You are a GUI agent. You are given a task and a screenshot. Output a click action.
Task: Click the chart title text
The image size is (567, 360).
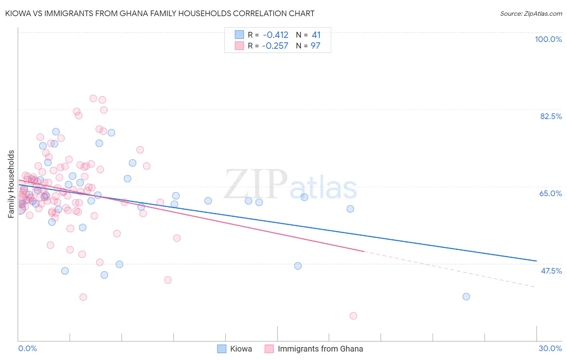(160, 13)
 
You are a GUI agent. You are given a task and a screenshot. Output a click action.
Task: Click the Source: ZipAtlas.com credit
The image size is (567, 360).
(531, 13)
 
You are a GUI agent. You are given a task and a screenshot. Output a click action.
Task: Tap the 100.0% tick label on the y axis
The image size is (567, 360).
(548, 39)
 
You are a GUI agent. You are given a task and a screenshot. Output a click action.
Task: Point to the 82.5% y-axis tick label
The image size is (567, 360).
(551, 116)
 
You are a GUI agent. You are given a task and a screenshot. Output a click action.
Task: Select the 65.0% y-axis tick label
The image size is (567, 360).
(550, 193)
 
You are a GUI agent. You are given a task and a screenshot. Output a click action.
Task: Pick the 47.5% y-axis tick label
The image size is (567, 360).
(551, 271)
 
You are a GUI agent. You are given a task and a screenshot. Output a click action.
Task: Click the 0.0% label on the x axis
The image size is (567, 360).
(27, 348)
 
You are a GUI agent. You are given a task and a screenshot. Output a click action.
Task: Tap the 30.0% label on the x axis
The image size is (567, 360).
(550, 348)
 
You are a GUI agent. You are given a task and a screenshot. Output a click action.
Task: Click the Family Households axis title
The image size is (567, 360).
(11, 184)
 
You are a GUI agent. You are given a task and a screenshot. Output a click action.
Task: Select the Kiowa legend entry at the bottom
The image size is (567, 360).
(241, 349)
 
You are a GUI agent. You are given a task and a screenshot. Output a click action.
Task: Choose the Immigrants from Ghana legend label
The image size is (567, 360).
(320, 349)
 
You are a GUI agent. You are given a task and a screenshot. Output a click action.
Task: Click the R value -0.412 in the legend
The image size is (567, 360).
(275, 35)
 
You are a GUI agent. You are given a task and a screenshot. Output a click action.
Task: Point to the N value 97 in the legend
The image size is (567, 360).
(315, 46)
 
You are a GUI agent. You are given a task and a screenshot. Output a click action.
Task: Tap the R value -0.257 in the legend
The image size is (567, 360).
(275, 46)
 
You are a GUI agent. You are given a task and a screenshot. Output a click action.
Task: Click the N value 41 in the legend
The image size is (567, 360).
(316, 35)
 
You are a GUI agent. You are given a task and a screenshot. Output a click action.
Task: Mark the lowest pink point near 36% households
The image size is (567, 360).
(353, 316)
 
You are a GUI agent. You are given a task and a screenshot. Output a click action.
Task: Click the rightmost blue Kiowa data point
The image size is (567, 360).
(466, 297)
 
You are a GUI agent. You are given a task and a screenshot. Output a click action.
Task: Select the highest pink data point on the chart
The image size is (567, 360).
(93, 98)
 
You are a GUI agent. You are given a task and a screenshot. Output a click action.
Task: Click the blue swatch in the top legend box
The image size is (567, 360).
(240, 35)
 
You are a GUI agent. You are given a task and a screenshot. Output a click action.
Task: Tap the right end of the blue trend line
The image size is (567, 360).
(536, 261)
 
